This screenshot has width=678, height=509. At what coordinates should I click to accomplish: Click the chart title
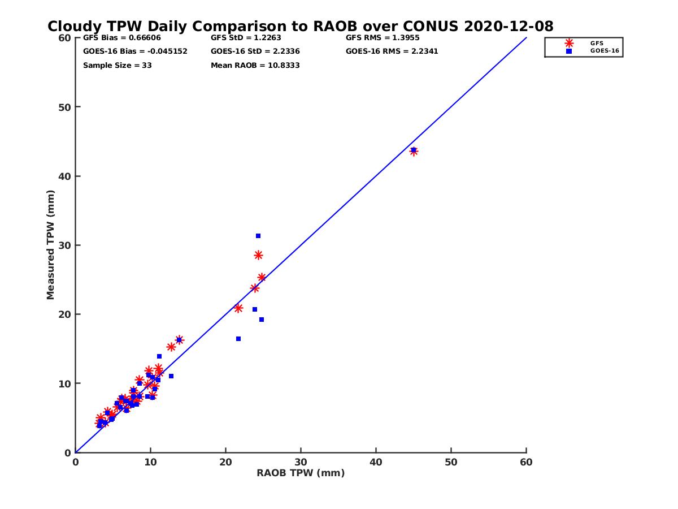click(300, 26)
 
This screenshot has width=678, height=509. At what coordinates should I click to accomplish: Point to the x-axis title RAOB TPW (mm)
click(301, 473)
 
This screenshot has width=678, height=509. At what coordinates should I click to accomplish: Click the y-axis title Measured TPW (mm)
click(51, 245)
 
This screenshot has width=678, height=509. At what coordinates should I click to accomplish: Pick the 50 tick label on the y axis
click(64, 107)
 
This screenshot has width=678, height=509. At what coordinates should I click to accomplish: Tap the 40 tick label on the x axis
click(376, 462)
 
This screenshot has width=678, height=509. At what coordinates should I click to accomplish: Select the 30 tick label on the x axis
click(301, 462)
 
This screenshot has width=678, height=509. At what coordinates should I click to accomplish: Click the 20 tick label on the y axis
click(64, 314)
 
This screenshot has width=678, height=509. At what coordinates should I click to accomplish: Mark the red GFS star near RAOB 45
click(414, 152)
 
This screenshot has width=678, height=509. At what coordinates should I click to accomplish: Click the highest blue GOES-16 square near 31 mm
click(258, 236)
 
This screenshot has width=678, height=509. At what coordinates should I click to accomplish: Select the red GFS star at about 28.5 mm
click(258, 255)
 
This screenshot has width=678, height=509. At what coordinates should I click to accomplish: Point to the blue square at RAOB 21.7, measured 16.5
click(238, 339)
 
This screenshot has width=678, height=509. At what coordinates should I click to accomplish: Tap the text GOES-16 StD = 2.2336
click(255, 51)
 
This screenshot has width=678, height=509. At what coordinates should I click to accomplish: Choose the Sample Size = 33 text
click(117, 65)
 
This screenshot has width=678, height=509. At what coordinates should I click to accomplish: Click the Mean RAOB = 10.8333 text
click(255, 65)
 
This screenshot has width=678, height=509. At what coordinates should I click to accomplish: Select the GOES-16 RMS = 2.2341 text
click(392, 51)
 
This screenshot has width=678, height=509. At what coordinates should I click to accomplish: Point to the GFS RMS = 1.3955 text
click(383, 38)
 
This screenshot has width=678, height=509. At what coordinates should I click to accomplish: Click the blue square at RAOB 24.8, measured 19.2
click(262, 320)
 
